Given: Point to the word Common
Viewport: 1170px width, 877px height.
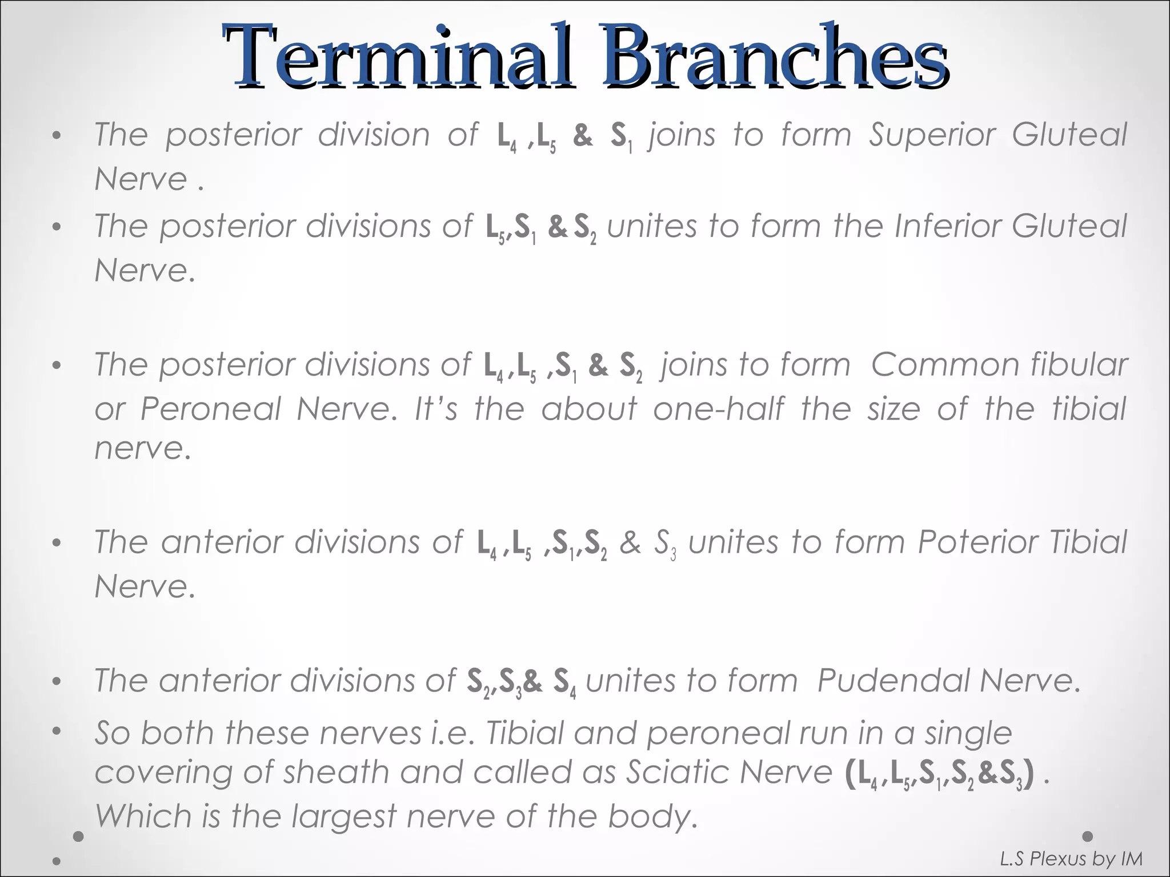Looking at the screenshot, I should [x=943, y=365].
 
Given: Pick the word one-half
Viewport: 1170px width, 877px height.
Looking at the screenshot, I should [x=719, y=409].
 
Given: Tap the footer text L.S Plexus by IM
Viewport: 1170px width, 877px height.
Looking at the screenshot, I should [x=1071, y=859].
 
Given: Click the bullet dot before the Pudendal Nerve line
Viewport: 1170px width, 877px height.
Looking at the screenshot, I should [x=56, y=682].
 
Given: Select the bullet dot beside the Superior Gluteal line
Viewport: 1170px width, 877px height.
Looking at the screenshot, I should [x=56, y=136].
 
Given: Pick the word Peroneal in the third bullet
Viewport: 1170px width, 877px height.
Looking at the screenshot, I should [x=211, y=409].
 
